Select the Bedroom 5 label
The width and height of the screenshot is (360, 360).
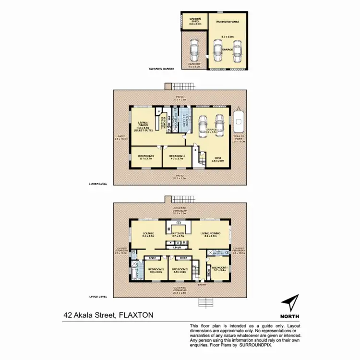click(x=145, y=156)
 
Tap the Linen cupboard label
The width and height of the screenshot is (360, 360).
click(x=177, y=247)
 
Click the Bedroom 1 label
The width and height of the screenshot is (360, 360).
click(x=219, y=269)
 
